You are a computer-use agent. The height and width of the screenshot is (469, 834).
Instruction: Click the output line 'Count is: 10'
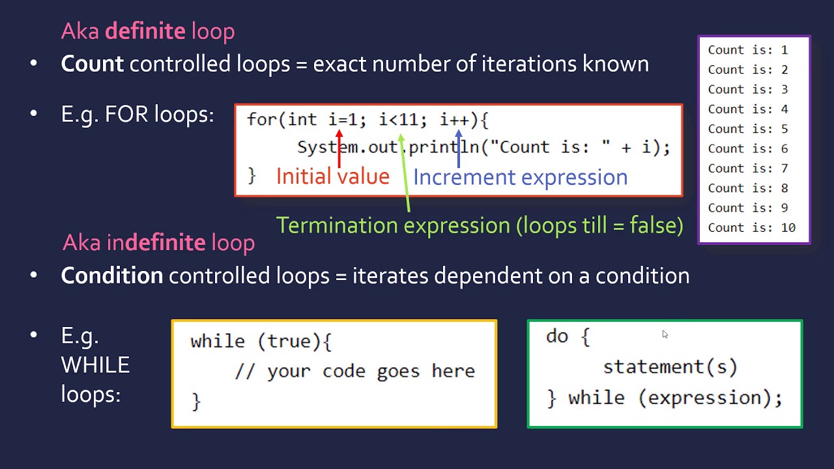[751, 227]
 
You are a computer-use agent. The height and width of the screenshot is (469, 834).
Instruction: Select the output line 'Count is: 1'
[747, 50]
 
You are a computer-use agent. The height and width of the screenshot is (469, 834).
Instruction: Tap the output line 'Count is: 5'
[747, 129]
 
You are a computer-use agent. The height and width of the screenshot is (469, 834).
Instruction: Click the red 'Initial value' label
[332, 177]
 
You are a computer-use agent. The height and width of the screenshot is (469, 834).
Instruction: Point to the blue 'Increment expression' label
[520, 177]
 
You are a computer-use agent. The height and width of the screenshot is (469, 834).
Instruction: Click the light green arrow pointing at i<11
[405, 173]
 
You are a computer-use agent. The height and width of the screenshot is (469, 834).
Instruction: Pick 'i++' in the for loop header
[454, 120]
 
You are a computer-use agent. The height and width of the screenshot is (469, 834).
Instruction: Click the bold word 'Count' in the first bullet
[92, 64]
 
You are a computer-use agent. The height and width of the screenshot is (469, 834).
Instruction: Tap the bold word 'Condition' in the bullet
[111, 276]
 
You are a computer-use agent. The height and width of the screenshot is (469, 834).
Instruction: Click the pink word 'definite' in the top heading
[145, 31]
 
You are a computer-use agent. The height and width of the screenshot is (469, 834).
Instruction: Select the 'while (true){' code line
[261, 342]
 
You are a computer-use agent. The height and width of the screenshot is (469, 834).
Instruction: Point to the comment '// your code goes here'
[354, 371]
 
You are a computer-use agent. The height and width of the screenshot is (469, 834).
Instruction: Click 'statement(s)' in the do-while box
[670, 367]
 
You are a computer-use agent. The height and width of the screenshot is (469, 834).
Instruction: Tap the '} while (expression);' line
[665, 397]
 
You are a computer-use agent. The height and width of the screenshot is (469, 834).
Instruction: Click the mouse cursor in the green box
[665, 334]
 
